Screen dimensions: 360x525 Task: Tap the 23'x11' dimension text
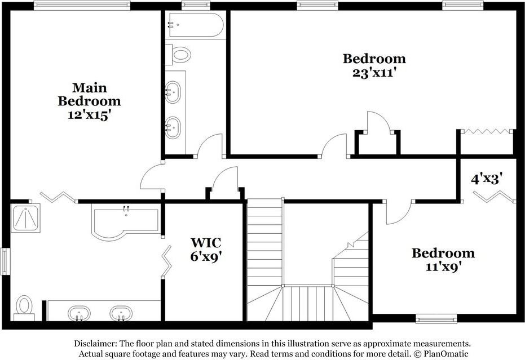374,72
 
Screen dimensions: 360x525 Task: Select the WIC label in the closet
205,243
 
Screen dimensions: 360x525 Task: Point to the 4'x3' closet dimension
487,179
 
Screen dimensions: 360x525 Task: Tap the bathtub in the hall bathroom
195,25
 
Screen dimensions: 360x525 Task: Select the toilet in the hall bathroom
180,55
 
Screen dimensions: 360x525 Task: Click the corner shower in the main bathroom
26,218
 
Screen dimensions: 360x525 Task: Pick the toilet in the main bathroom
24,307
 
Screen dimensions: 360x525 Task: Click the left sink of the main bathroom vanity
78,313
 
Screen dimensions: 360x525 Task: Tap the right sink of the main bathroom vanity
121,313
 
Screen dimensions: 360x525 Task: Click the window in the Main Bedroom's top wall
82,6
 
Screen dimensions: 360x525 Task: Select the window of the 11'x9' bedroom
436,319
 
